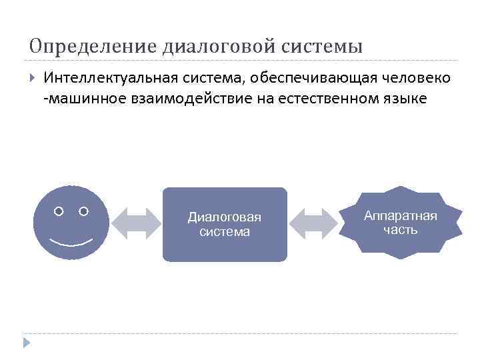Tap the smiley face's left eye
click(59, 211)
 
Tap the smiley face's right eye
click(83, 211)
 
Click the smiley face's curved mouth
click(71, 240)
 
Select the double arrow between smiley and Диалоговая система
click(136, 223)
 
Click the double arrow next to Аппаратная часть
click(315, 223)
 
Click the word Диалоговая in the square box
click(225, 217)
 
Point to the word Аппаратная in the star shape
click(401, 215)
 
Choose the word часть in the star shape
click(401, 230)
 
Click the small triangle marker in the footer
click(26, 343)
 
